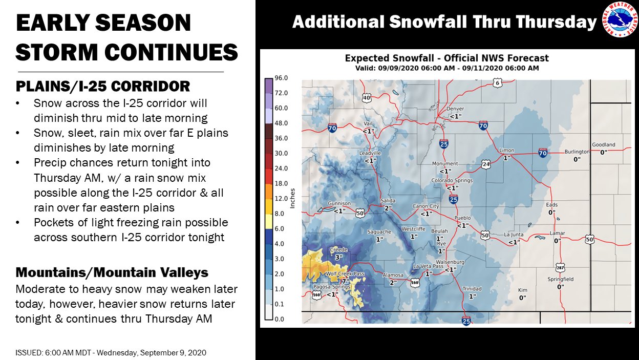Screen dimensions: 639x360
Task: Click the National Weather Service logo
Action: pos(620,19)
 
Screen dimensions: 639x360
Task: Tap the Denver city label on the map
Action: pos(455,109)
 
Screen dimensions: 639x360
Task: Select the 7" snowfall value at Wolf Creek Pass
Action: pos(346,281)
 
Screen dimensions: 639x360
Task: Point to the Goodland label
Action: pos(603,144)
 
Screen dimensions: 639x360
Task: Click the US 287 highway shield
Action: pos(560,268)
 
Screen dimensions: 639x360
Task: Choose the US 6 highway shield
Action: pos(497,83)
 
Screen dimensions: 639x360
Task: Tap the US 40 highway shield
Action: pos(367,98)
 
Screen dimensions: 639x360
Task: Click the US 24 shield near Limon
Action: pos(486,164)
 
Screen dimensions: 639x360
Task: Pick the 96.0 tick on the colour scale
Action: pos(281,78)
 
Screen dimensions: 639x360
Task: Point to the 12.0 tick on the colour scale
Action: pos(281,199)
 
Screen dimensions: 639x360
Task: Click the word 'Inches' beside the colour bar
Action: pos(292,198)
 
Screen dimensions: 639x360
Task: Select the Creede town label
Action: pos(338,249)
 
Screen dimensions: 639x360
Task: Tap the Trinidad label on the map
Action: pos(472,289)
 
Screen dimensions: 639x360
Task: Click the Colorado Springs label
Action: pos(452,180)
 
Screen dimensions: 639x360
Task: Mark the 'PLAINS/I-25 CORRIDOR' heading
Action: pos(103,87)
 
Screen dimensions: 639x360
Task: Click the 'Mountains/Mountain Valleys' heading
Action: pos(112,272)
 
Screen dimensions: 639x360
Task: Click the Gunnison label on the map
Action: pos(339,203)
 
